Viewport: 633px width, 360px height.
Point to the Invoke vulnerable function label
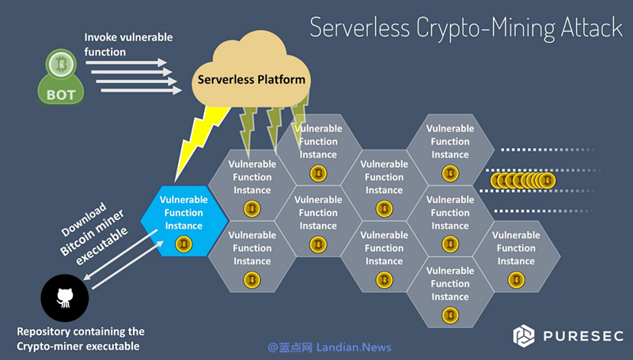coord(127,44)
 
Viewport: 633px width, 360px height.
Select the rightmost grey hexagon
coord(516,254)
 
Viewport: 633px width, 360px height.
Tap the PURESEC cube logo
coord(524,335)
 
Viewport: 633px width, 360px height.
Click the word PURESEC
coord(584,336)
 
